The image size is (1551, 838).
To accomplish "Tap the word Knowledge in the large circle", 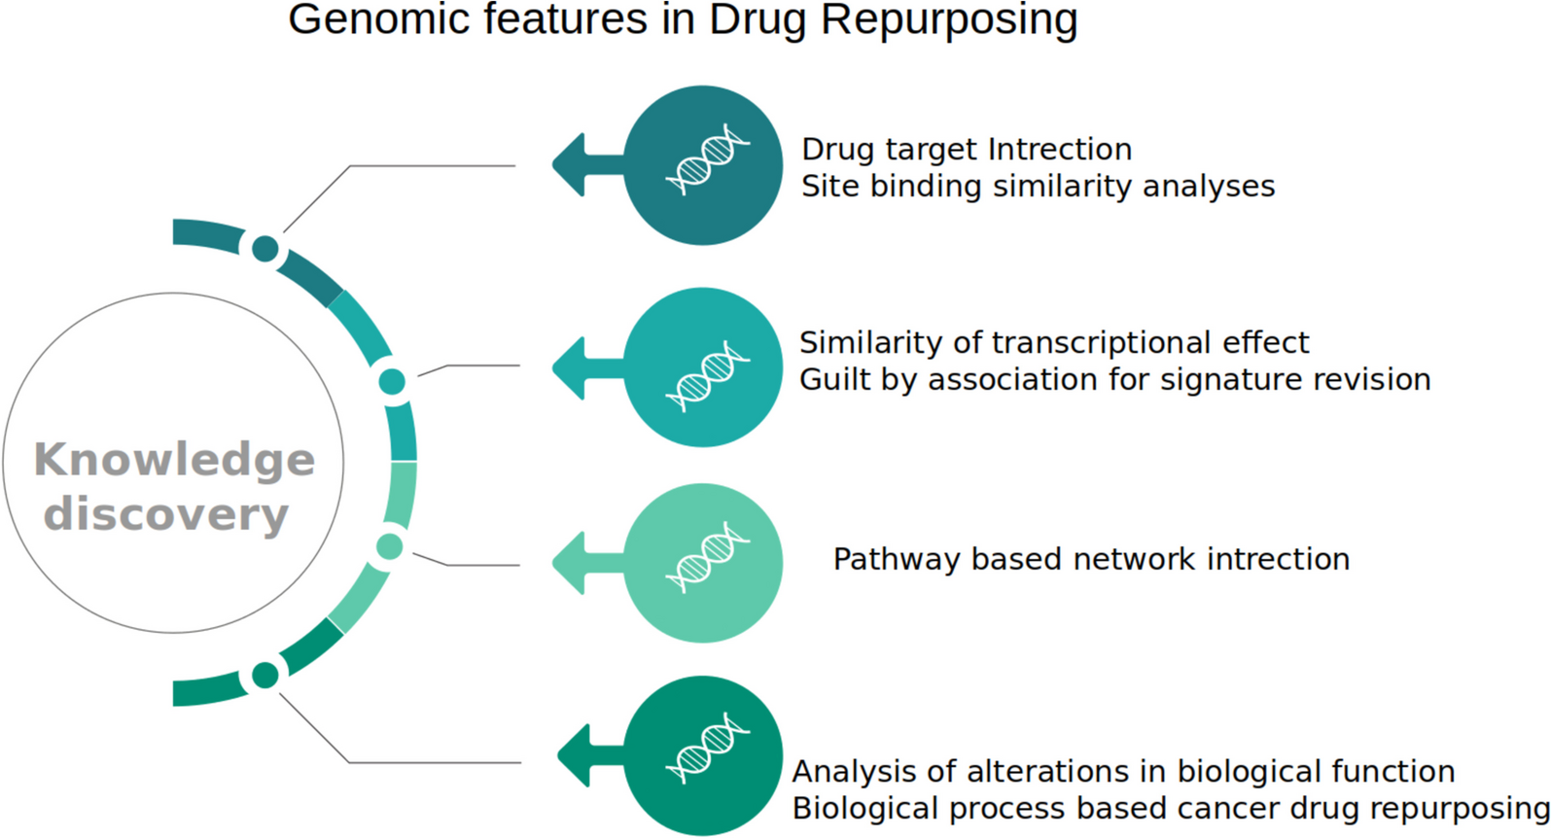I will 174,459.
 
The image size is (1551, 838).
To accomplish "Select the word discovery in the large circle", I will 166,513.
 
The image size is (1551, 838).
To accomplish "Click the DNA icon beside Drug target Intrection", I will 707,158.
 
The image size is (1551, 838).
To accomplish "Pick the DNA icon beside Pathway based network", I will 707,556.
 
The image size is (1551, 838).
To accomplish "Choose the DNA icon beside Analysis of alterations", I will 707,747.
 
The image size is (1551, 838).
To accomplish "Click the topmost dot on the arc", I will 264,249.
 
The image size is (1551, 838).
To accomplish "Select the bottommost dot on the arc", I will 264,675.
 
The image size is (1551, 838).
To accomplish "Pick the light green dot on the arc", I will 389,546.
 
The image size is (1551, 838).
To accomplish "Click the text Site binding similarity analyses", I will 1038,186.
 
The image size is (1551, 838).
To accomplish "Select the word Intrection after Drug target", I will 1059,149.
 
